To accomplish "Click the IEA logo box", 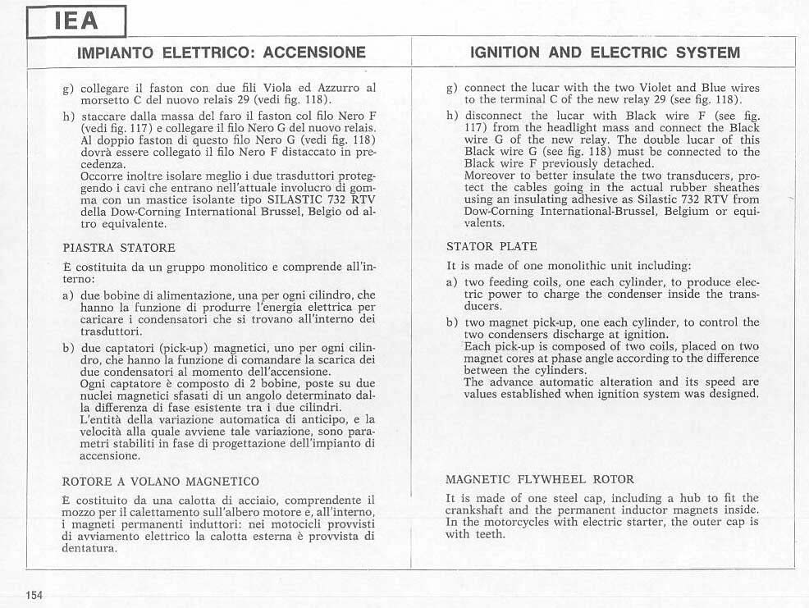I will [x=76, y=21].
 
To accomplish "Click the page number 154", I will [x=34, y=596].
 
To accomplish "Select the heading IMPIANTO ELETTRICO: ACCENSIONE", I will [x=221, y=53].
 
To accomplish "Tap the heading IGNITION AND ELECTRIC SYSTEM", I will [x=605, y=53].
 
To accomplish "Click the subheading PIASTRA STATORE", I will [x=119, y=247].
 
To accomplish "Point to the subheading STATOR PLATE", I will [x=492, y=245].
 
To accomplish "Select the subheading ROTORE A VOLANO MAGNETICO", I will [x=161, y=482].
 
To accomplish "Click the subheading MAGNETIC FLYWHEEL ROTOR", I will [x=540, y=479].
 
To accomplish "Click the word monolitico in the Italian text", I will [x=218, y=267].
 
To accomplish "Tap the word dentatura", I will [x=89, y=548].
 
